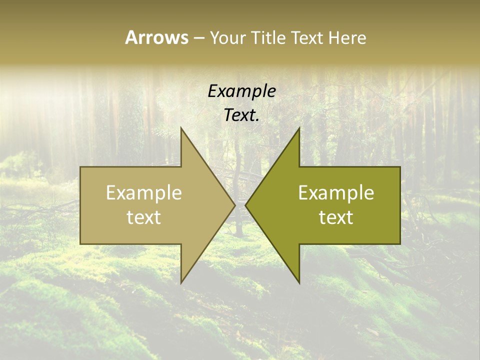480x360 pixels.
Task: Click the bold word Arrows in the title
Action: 156,37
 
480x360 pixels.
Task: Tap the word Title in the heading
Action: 268,37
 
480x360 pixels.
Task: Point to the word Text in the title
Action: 307,37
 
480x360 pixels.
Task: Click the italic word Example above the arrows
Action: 241,91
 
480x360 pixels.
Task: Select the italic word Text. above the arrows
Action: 241,115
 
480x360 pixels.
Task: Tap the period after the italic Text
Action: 257,120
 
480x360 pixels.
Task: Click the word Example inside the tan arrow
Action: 144,192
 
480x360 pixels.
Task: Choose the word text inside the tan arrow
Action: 144,217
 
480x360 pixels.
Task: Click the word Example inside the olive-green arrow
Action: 336,192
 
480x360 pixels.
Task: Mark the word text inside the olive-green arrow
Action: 336,217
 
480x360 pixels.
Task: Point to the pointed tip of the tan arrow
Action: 234,205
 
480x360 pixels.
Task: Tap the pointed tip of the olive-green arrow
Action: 245,205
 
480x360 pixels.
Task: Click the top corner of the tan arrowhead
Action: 181,128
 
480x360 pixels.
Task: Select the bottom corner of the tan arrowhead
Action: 181,283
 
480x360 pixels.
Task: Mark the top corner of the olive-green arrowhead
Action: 299,128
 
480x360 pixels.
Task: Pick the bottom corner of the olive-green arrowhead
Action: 299,283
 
